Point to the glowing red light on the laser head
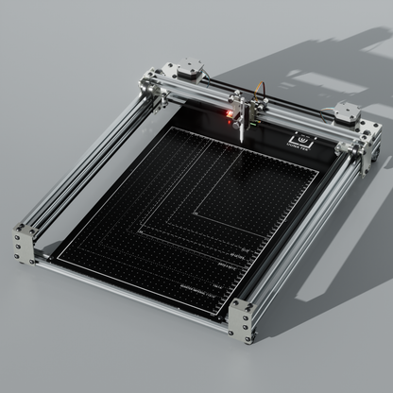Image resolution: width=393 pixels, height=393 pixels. (x=228, y=114)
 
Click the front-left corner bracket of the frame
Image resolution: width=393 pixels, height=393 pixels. (x=24, y=243)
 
